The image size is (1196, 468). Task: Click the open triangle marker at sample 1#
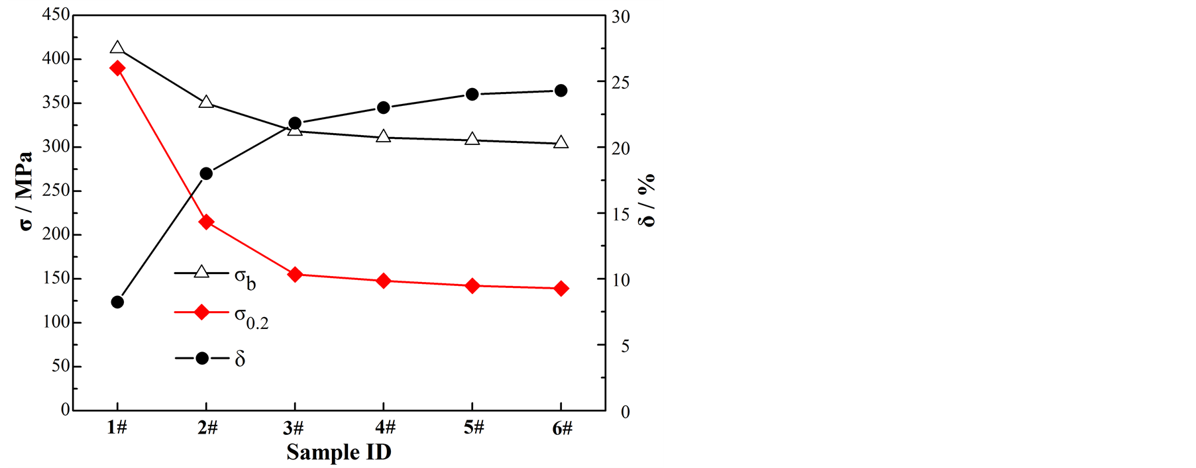click(x=117, y=48)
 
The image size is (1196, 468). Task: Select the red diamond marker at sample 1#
click(x=117, y=68)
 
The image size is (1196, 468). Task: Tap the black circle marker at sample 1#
click(x=117, y=302)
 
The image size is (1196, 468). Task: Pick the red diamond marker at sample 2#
click(x=206, y=222)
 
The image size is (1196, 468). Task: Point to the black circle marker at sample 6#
click(x=561, y=91)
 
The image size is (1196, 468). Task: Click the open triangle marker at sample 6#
click(x=561, y=142)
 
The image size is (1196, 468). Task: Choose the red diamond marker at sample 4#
click(x=383, y=281)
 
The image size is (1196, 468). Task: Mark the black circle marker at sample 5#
click(x=472, y=94)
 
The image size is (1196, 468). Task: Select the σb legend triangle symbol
click(x=202, y=272)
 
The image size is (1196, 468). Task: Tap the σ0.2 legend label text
click(x=251, y=317)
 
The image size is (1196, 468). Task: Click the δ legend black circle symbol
click(x=202, y=358)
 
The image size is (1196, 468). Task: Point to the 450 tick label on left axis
click(x=56, y=15)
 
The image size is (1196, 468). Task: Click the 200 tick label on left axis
click(x=56, y=234)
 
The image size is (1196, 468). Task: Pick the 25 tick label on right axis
click(x=620, y=83)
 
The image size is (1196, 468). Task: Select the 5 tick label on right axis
click(x=625, y=346)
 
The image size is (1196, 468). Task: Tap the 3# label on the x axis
click(x=294, y=428)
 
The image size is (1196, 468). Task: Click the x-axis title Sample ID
click(x=339, y=452)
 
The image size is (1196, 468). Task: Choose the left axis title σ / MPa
click(x=26, y=191)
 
